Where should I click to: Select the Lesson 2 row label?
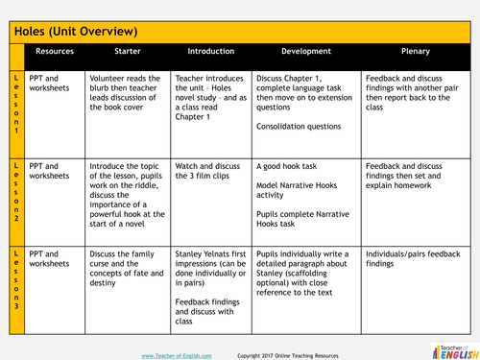[15, 192]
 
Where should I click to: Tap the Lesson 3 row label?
[15, 279]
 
